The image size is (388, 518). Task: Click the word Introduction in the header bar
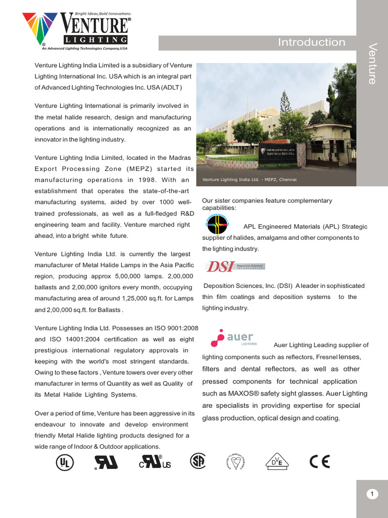(x=311, y=42)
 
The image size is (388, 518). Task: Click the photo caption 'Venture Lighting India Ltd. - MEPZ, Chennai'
(x=249, y=180)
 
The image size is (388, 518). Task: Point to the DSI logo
(x=235, y=266)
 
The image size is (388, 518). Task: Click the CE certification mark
(x=319, y=461)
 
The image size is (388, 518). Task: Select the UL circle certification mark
(x=64, y=462)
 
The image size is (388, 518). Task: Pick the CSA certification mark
(x=198, y=461)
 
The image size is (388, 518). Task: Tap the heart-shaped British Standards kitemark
(x=236, y=461)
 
